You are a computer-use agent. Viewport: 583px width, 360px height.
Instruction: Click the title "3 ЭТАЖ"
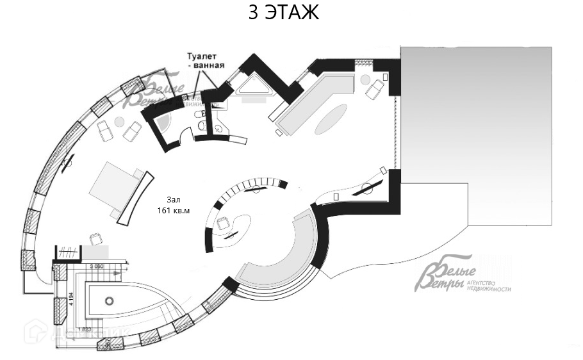point(283,13)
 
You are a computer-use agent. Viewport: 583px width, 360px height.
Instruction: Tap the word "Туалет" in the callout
point(203,56)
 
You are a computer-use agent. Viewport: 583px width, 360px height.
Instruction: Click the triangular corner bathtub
point(256,90)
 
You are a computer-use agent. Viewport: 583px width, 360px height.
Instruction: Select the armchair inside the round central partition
point(223,224)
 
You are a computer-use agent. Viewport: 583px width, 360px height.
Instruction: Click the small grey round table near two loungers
point(119,122)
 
